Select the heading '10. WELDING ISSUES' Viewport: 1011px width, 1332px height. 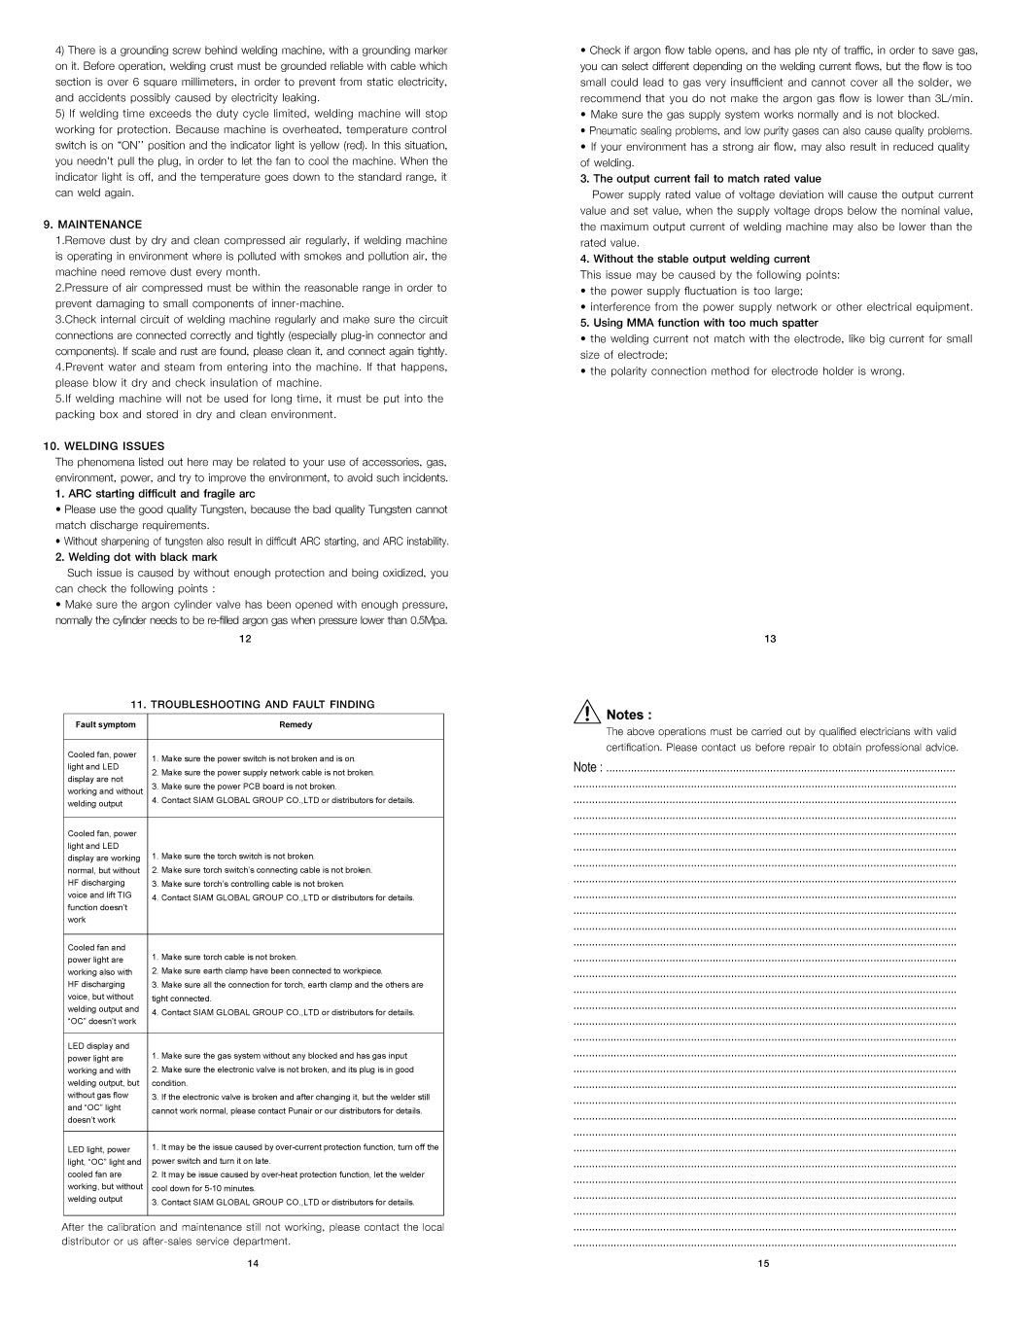(x=103, y=446)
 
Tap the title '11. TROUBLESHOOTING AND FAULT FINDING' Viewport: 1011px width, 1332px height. (x=253, y=704)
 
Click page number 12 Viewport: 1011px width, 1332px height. (x=245, y=639)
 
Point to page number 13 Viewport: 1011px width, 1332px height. (x=770, y=639)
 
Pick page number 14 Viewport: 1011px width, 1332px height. (x=253, y=1264)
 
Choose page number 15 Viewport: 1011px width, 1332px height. (x=763, y=1264)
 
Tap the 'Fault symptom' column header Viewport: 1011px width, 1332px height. (x=106, y=724)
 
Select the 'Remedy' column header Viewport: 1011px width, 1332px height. (x=296, y=724)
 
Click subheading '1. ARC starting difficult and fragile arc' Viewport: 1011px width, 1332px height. (x=155, y=494)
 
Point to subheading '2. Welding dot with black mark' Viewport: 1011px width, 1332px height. (x=136, y=557)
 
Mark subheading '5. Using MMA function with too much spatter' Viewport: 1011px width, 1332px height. (x=699, y=323)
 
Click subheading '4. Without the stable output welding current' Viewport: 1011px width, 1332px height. (x=695, y=259)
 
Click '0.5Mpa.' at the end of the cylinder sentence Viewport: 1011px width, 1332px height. (x=429, y=620)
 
